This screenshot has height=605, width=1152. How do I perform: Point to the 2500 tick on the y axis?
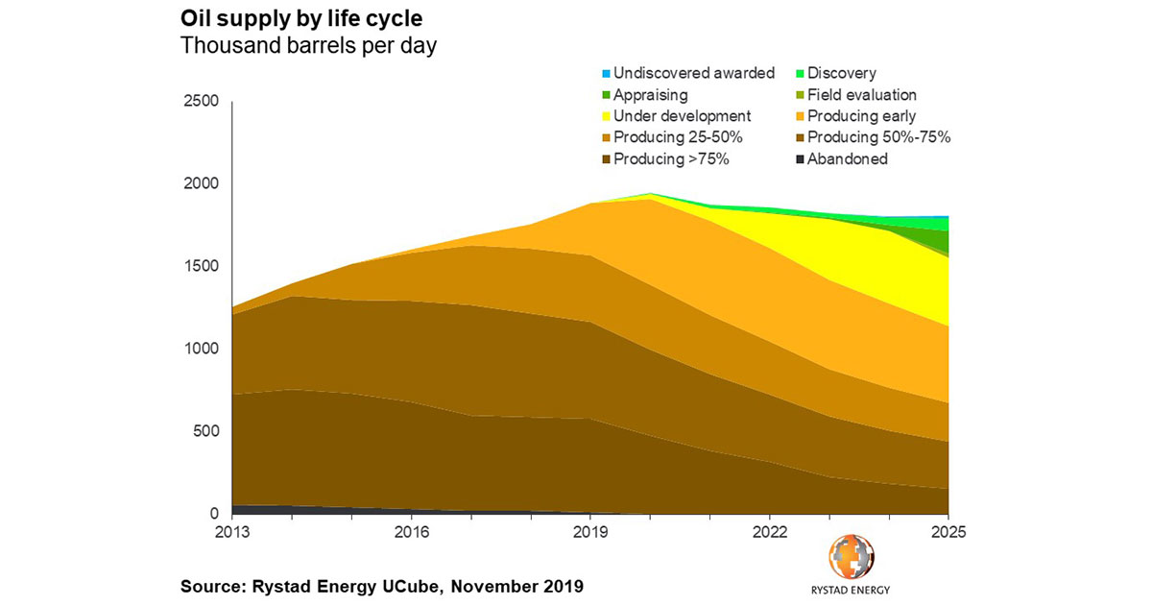click(202, 102)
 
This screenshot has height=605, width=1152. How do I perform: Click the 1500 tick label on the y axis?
click(202, 267)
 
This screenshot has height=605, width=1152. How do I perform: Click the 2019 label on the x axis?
click(590, 530)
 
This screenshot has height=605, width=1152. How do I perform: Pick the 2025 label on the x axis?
click(948, 530)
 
